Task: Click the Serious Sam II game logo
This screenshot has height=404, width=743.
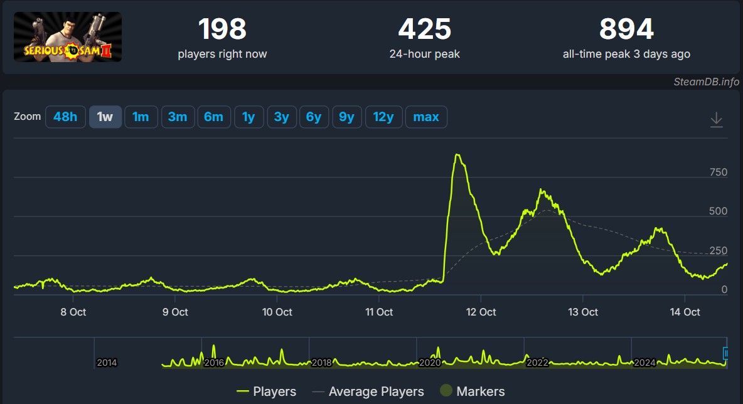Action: coord(68,37)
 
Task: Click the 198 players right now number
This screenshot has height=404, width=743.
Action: coord(222,29)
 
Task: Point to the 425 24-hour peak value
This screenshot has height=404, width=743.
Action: coord(424,29)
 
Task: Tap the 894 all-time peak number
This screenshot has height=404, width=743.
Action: coord(626,29)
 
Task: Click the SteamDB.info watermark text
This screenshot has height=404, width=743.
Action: coord(707,82)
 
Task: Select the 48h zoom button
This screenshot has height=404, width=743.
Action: coord(65,117)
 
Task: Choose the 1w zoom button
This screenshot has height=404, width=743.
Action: coord(105,117)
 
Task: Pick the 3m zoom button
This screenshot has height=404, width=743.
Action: coord(178,117)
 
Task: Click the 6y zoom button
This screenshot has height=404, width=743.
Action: coord(314,117)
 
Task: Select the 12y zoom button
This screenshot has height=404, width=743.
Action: coord(383,117)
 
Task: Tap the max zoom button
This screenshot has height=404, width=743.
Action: coord(426,117)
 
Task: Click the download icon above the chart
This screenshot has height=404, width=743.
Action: coord(716,119)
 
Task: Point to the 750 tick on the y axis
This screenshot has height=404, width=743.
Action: coord(718,173)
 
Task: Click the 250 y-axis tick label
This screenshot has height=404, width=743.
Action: coord(718,251)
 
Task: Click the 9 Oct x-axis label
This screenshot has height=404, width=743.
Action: coord(175,312)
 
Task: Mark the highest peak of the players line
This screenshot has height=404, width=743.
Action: coord(457,154)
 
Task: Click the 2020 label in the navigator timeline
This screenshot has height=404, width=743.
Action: coord(430,363)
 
